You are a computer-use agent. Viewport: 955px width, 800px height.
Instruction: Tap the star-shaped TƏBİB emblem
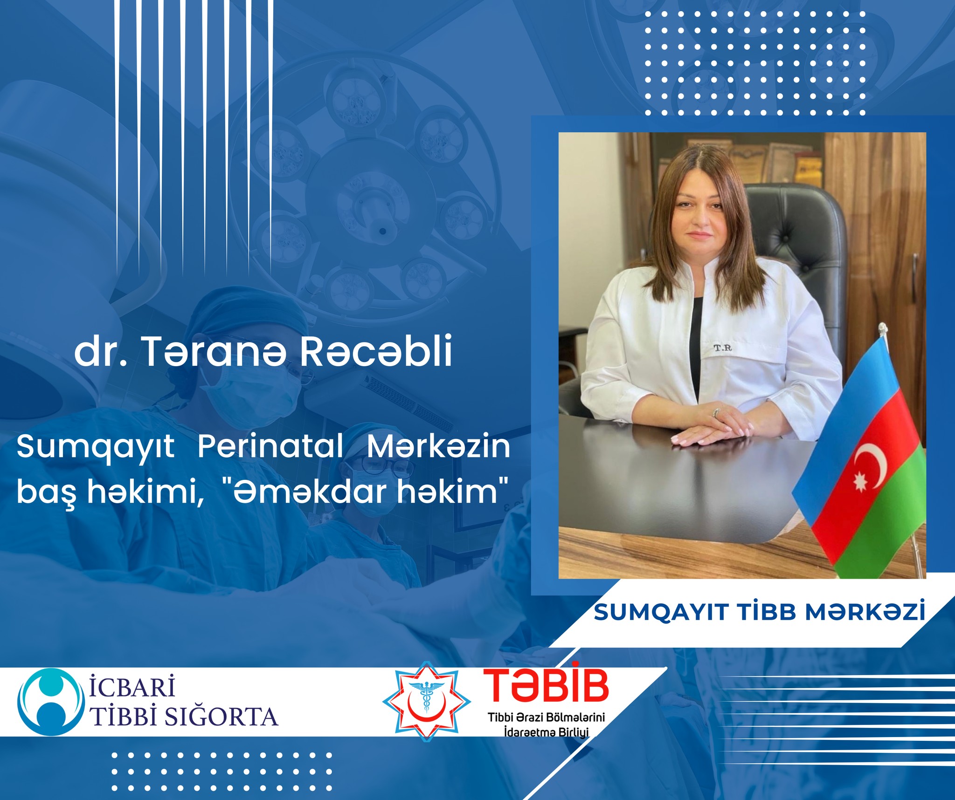(x=426, y=701)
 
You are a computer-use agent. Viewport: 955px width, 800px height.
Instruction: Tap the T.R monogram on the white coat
(x=722, y=348)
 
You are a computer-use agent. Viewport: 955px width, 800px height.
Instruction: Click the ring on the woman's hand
(x=716, y=412)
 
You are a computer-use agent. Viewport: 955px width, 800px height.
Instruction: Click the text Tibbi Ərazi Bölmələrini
(x=546, y=717)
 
